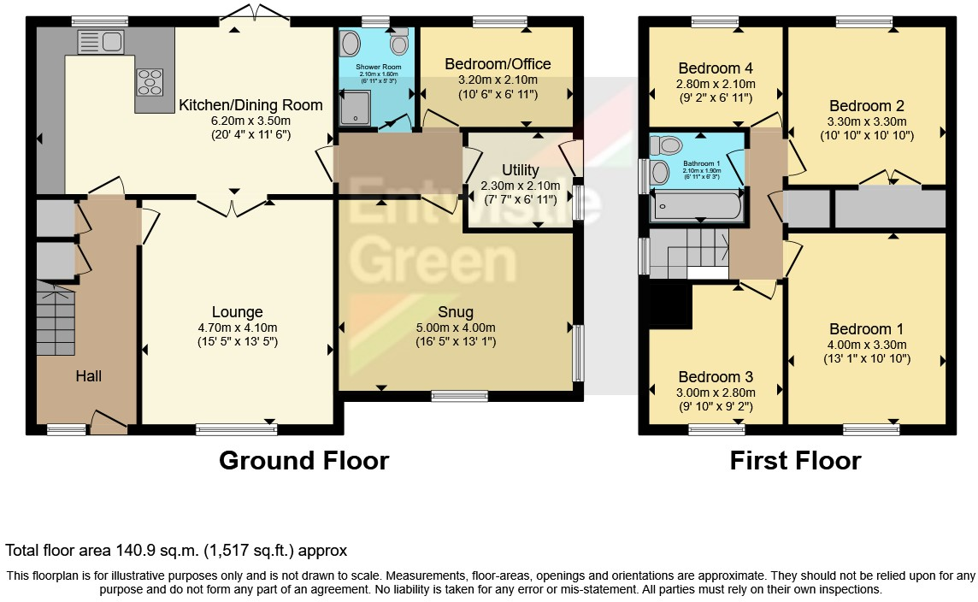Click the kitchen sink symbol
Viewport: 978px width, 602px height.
(x=101, y=40)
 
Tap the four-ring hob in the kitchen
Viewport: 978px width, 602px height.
(x=149, y=81)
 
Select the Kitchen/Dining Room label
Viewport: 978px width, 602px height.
(x=250, y=106)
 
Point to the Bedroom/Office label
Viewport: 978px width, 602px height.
(x=498, y=64)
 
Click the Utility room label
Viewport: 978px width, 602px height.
(x=520, y=171)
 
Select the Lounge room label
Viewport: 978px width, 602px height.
(x=238, y=312)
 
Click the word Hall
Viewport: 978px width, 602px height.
(x=88, y=376)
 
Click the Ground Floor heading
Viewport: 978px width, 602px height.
(x=303, y=461)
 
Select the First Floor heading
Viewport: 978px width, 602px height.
(x=795, y=461)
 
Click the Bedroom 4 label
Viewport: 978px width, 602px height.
(x=715, y=68)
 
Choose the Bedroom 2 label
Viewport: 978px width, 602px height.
(x=866, y=106)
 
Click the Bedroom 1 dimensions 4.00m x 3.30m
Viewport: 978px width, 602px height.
(x=866, y=345)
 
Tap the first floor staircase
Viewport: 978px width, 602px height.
(x=689, y=254)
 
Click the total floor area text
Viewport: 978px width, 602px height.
(x=176, y=551)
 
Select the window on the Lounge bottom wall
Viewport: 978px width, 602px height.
(x=236, y=429)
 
